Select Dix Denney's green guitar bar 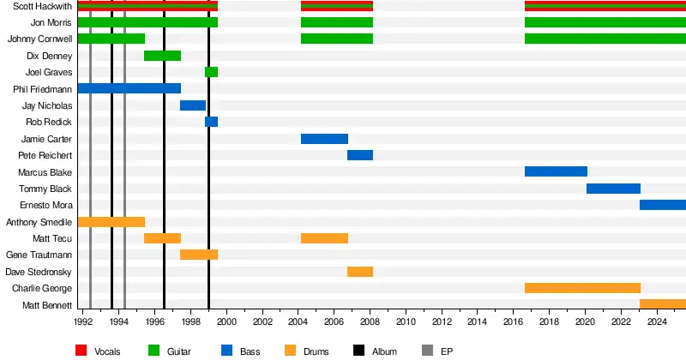click(x=162, y=56)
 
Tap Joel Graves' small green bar click(x=211, y=72)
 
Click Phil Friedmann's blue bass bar click(x=129, y=88)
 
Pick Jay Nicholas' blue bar click(x=193, y=105)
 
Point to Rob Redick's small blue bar click(x=211, y=122)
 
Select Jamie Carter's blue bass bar click(x=324, y=139)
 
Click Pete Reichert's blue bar click(x=360, y=155)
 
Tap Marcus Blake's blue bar click(x=556, y=171)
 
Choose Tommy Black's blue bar click(x=613, y=189)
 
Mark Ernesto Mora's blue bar click(x=663, y=205)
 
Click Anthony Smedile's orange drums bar click(x=111, y=222)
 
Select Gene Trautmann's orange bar click(x=199, y=255)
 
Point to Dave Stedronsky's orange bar click(x=360, y=272)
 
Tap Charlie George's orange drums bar click(x=582, y=288)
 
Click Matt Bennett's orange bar click(x=663, y=304)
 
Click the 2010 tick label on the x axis click(x=406, y=322)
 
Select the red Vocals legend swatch click(x=82, y=351)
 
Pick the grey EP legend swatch click(x=429, y=351)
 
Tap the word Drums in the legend click(x=316, y=351)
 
